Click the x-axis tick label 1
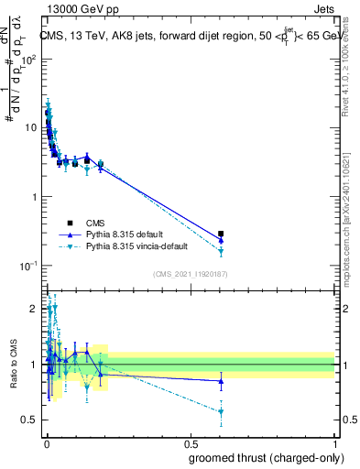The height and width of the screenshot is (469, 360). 334,444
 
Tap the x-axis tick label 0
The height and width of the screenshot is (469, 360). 46,444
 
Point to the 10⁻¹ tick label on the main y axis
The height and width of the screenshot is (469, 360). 29,266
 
